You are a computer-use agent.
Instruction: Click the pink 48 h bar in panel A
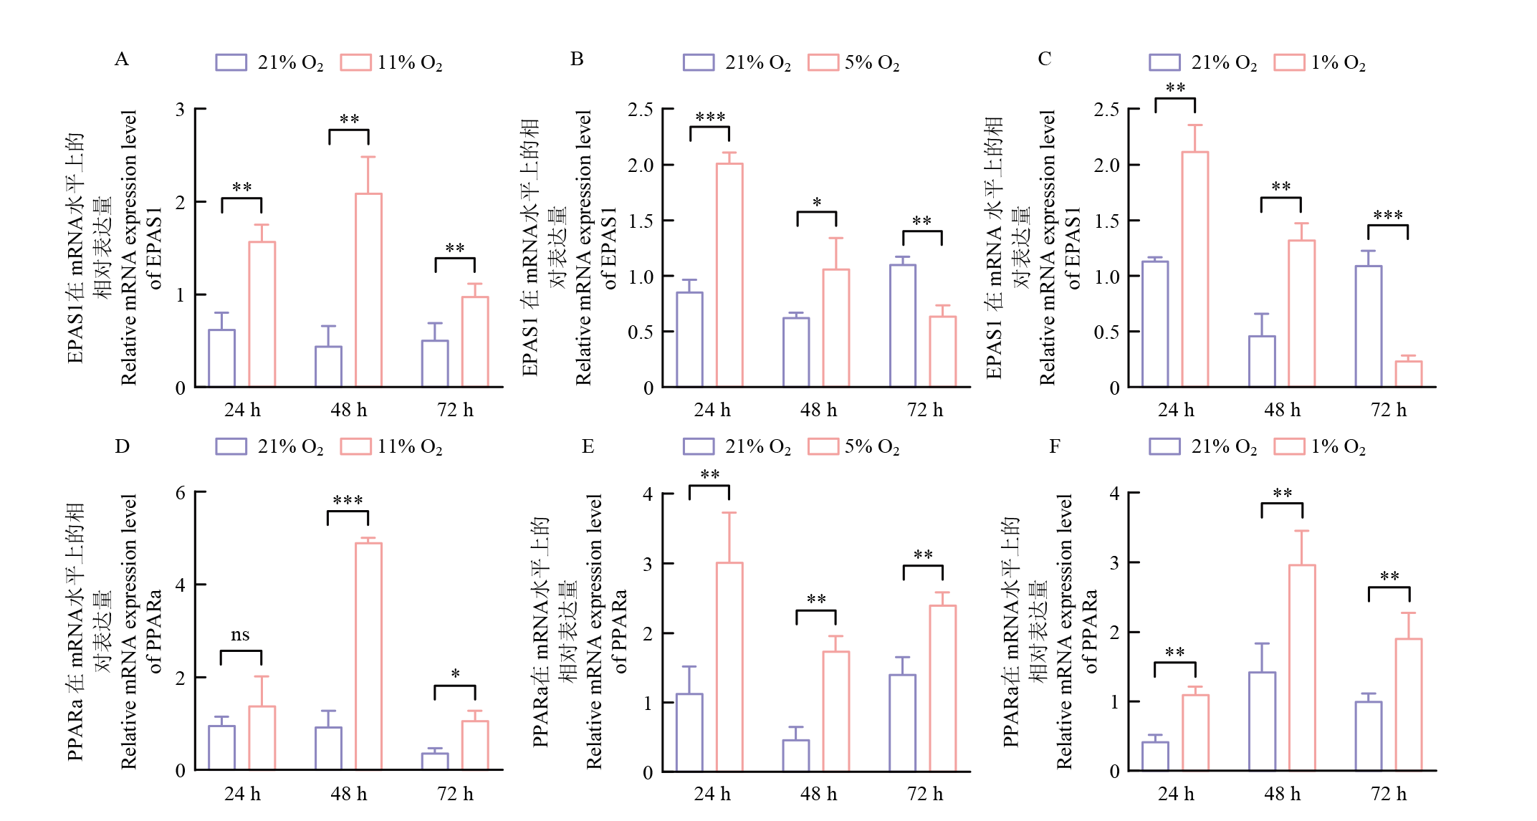[x=368, y=290]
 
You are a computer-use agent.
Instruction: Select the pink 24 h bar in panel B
[x=729, y=276]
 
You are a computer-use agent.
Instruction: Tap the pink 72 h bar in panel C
[x=1409, y=374]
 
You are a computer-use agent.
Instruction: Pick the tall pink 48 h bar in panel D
[x=368, y=656]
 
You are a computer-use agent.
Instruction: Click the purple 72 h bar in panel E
[x=903, y=723]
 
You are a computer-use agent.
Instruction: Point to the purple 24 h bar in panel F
[x=1155, y=757]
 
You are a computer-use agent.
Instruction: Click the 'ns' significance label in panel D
[x=240, y=635]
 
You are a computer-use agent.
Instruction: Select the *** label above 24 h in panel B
[x=710, y=117]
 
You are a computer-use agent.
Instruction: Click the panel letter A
[x=122, y=59]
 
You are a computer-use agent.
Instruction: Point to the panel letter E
[x=588, y=447]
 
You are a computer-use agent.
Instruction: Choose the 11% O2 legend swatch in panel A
[x=355, y=62]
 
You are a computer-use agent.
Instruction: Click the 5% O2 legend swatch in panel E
[x=823, y=446]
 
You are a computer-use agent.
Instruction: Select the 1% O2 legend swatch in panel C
[x=1289, y=62]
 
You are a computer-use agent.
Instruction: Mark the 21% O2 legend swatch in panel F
[x=1164, y=446]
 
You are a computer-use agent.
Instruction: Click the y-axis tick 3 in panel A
[x=181, y=110]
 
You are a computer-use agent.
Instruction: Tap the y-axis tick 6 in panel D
[x=181, y=493]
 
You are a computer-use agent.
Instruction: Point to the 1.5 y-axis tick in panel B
[x=641, y=221]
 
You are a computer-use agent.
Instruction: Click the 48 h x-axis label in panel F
[x=1283, y=794]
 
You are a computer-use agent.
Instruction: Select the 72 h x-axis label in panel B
[x=925, y=410]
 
